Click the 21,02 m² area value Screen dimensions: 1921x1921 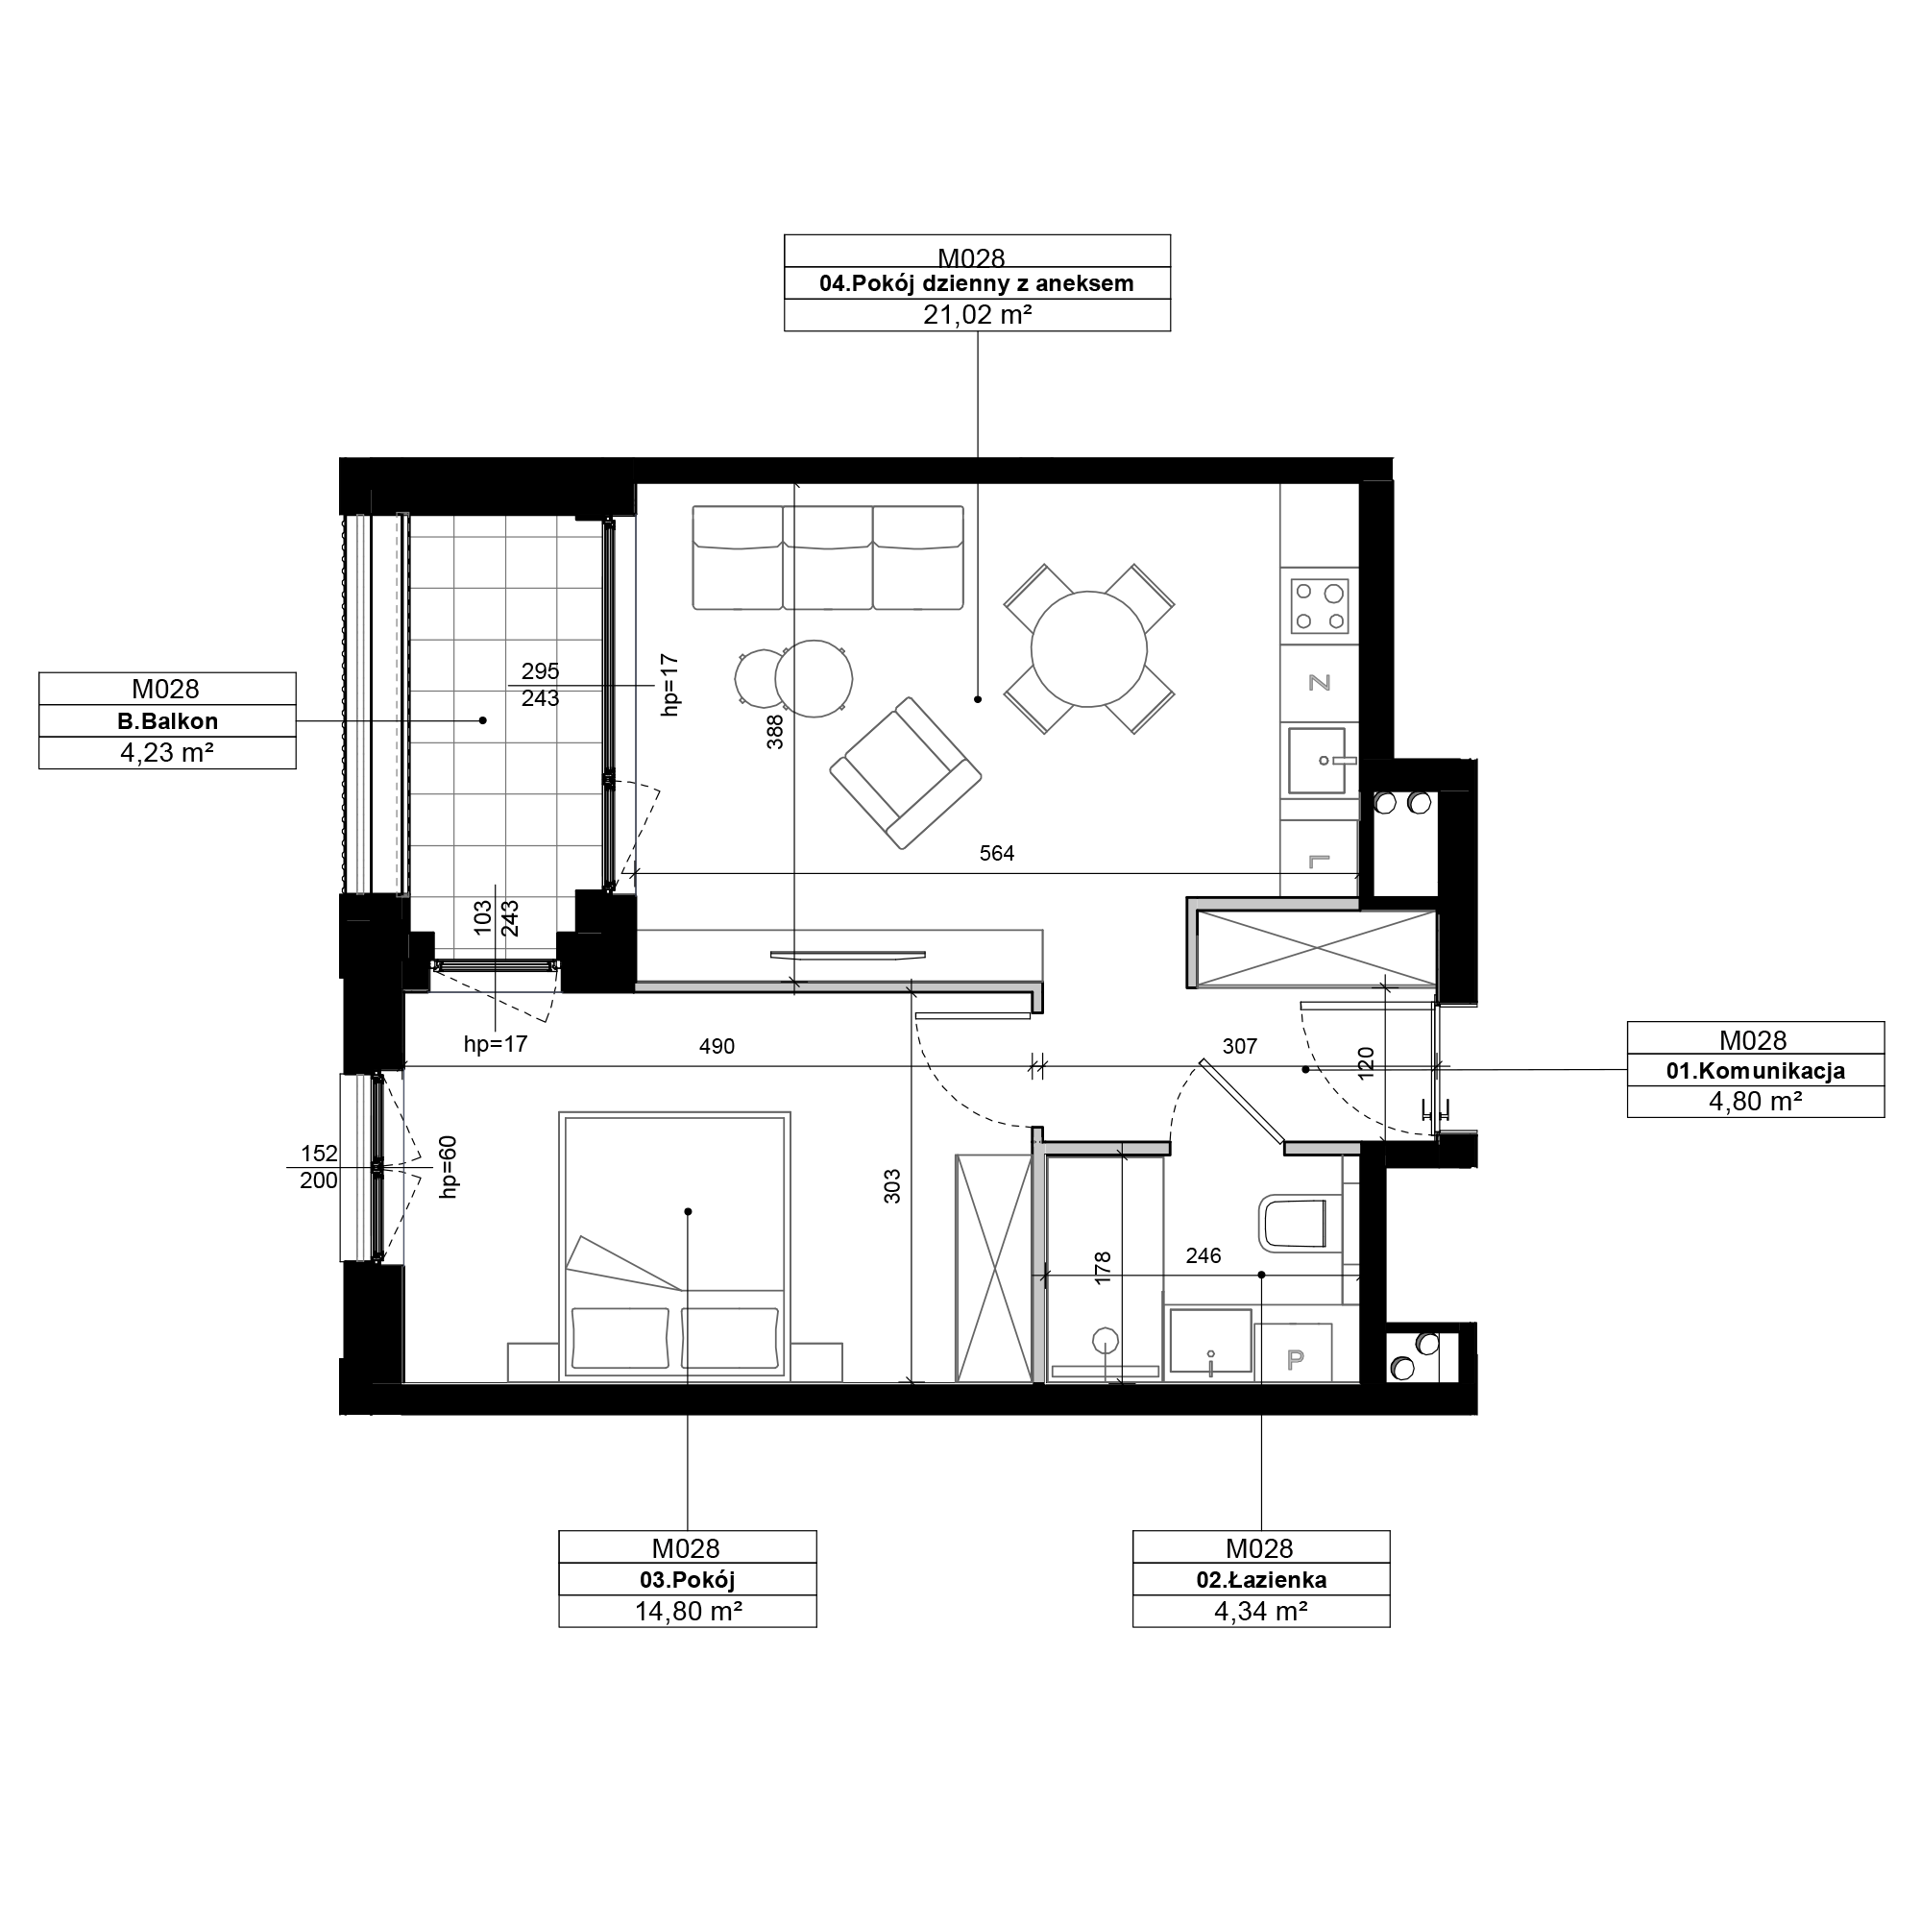pos(977,315)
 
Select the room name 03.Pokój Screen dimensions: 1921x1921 pos(687,1580)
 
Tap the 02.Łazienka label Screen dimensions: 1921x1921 pos(1261,1580)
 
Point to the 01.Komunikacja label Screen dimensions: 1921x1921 pos(1755,1071)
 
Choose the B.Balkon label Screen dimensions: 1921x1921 pos(167,722)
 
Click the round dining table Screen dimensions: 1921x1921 pos(1089,649)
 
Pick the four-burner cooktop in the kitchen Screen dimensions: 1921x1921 pos(1320,606)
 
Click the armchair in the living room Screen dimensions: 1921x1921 pos(905,772)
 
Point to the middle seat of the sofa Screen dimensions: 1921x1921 pos(827,557)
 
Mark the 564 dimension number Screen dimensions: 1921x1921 pos(996,853)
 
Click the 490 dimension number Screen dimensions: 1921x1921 pos(717,1046)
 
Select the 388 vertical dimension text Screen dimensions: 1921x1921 pos(775,732)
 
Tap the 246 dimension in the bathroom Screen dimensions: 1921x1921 pos(1204,1255)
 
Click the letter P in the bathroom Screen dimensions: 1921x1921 pos(1295,1359)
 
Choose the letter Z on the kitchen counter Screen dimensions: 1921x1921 pos(1320,682)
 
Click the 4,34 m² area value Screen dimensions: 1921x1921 pos(1261,1612)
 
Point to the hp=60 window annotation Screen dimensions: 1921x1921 pos(449,1166)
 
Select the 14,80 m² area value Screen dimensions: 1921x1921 pos(688,1612)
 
